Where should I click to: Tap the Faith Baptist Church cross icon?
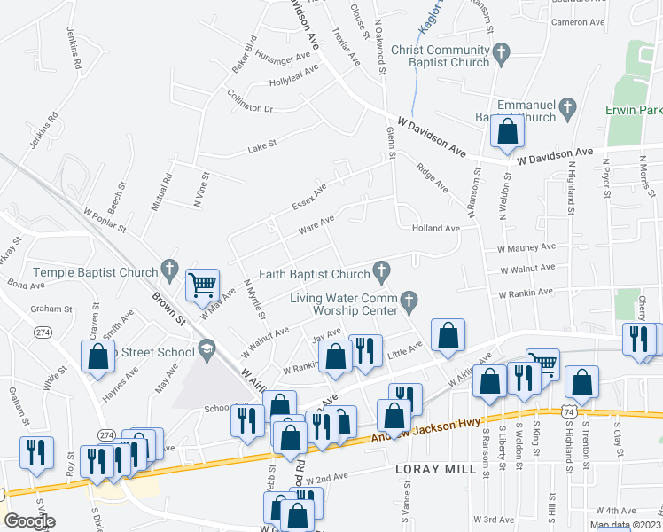pyautogui.click(x=382, y=269)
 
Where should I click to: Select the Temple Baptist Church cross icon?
pyautogui.click(x=171, y=269)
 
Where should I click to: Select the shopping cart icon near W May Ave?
pyautogui.click(x=203, y=286)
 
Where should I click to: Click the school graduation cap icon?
pyautogui.click(x=207, y=347)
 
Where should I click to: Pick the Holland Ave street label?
pyautogui.click(x=435, y=228)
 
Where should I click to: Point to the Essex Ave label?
pyautogui.click(x=309, y=197)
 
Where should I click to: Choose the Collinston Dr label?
pyautogui.click(x=250, y=102)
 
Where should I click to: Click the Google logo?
pyautogui.click(x=29, y=521)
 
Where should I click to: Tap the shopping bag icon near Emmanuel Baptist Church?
pyautogui.click(x=508, y=132)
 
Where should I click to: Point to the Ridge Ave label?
pyautogui.click(x=433, y=176)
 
